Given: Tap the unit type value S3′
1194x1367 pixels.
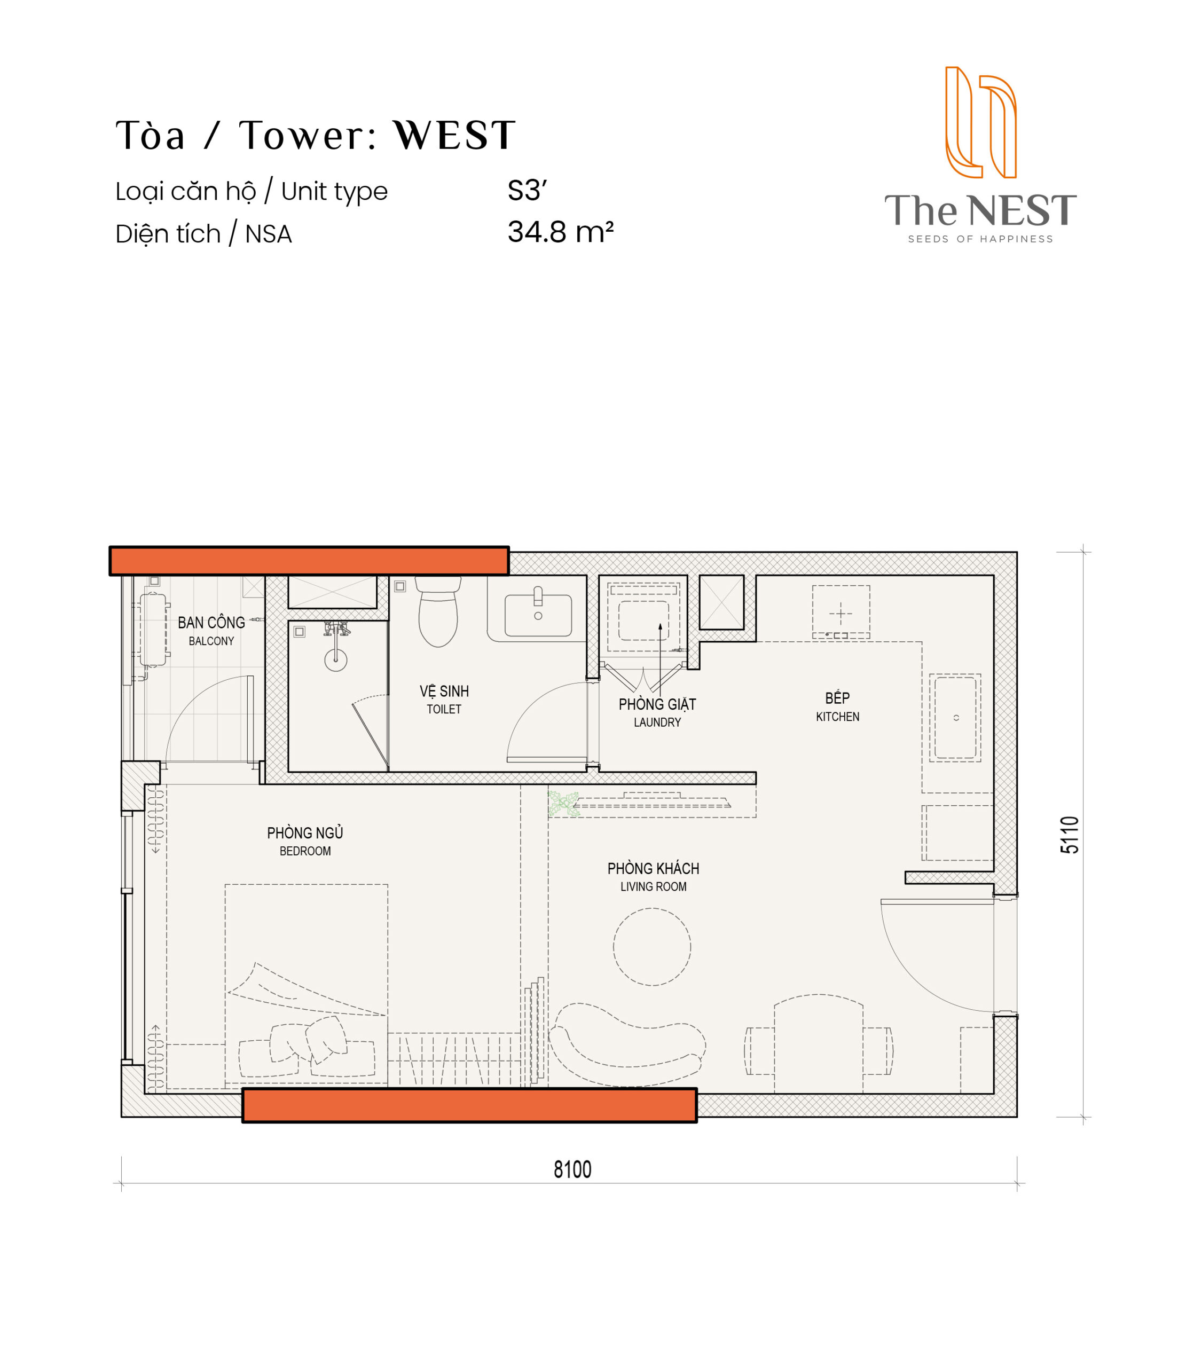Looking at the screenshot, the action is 527,191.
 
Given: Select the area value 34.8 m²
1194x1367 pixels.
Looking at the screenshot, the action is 560,232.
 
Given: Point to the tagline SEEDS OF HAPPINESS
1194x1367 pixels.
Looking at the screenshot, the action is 980,239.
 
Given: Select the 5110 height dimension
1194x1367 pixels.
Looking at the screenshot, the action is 1070,835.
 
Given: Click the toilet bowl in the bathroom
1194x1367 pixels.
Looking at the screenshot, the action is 438,611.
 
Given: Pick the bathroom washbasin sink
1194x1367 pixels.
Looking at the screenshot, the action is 538,614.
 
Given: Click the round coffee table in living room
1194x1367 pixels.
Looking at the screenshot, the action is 651,947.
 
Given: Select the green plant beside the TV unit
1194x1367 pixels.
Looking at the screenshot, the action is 562,804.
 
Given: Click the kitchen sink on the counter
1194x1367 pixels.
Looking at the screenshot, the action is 955,718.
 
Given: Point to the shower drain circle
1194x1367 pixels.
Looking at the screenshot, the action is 335,659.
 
